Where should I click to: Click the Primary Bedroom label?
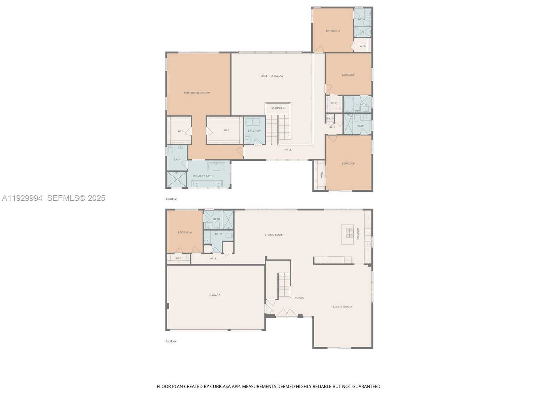click(x=197, y=93)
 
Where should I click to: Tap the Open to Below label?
click(x=272, y=76)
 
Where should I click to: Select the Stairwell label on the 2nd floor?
click(x=279, y=108)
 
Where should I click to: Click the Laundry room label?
click(x=254, y=131)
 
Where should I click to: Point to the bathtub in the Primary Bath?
click(x=216, y=167)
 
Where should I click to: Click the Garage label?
click(x=215, y=295)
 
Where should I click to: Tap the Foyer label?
click(x=299, y=298)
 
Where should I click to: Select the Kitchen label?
click(x=358, y=234)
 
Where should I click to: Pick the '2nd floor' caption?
click(x=171, y=199)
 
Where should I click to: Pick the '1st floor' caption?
click(x=171, y=341)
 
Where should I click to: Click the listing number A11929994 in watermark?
click(x=22, y=198)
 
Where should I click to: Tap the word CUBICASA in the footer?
click(x=220, y=387)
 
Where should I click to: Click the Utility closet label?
click(x=330, y=118)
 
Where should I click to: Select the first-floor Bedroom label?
click(x=185, y=232)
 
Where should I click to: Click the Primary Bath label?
click(x=203, y=176)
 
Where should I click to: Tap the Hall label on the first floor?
click(x=213, y=258)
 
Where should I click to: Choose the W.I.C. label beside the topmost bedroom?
click(x=363, y=46)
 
